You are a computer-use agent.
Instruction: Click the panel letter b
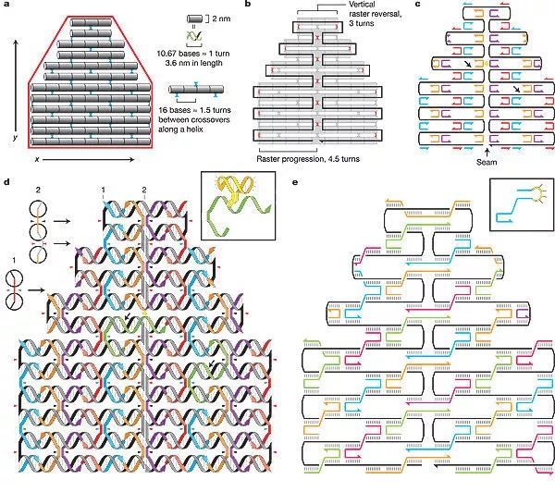(248, 4)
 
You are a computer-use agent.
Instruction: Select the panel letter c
(418, 4)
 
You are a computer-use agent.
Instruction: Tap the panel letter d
(7, 182)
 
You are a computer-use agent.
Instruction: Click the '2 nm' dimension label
(221, 18)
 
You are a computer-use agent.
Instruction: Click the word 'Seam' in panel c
(487, 162)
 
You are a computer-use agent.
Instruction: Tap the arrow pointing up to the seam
(487, 153)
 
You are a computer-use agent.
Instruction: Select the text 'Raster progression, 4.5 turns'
(308, 159)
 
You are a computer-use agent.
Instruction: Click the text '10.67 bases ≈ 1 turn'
(193, 54)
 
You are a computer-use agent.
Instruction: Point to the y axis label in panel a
(15, 136)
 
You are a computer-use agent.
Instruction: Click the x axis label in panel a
(36, 159)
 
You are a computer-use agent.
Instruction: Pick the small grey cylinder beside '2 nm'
(194, 18)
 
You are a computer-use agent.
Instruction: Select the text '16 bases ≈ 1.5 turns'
(194, 110)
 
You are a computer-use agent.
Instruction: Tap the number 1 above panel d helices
(104, 191)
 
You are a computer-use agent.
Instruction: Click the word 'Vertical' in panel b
(363, 5)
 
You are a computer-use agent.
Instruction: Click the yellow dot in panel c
(487, 64)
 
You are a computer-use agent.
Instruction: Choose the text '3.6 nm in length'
(193, 63)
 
